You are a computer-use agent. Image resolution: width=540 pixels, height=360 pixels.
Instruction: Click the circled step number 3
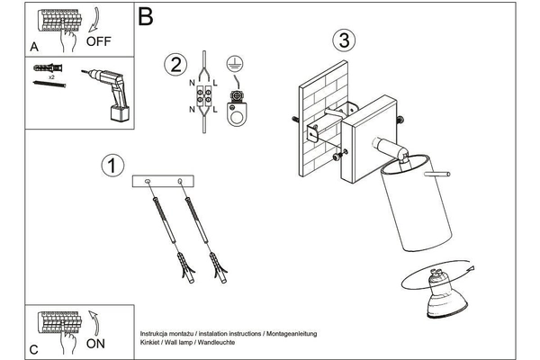(342, 40)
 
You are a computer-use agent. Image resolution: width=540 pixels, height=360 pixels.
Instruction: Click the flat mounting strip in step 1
(163, 182)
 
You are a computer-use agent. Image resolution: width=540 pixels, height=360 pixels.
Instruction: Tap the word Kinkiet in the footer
(154, 343)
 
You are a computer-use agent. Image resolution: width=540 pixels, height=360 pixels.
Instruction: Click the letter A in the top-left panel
(34, 45)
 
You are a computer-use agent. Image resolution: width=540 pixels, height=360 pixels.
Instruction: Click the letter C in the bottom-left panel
(33, 347)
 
